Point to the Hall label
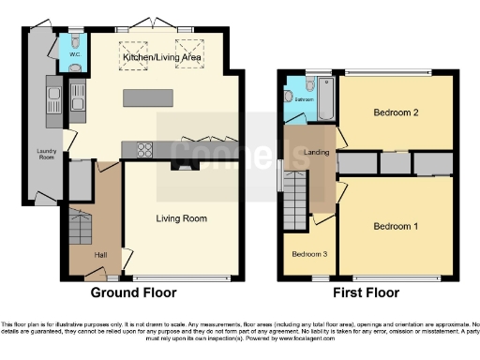pyautogui.click(x=100, y=254)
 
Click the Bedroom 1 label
pyautogui.click(x=395, y=226)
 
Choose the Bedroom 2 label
pyautogui.click(x=395, y=112)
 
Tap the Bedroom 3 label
pyautogui.click(x=308, y=254)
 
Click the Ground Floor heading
pyautogui.click(x=133, y=292)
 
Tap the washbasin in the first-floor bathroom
pyautogui.click(x=288, y=94)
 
